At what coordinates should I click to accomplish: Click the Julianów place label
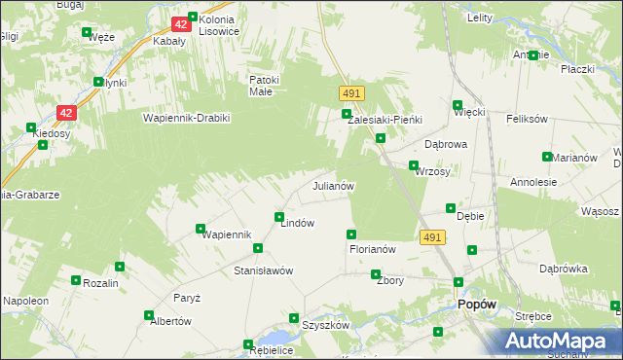tap(332, 185)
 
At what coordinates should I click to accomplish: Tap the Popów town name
tap(477, 305)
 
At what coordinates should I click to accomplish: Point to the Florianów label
tap(372, 249)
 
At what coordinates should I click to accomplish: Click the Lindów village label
tap(297, 223)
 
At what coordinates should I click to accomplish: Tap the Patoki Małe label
tap(265, 86)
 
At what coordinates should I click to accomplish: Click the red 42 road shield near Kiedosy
tap(65, 113)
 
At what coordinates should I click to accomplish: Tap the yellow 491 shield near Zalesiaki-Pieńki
tap(352, 92)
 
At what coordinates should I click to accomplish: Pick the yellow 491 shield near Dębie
tap(433, 237)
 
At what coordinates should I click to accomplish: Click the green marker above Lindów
tap(279, 217)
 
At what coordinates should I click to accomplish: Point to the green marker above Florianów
tap(351, 234)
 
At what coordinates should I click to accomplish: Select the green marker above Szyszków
tap(294, 318)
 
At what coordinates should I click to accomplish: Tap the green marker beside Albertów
tap(149, 315)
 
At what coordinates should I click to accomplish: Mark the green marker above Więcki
tap(458, 105)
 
